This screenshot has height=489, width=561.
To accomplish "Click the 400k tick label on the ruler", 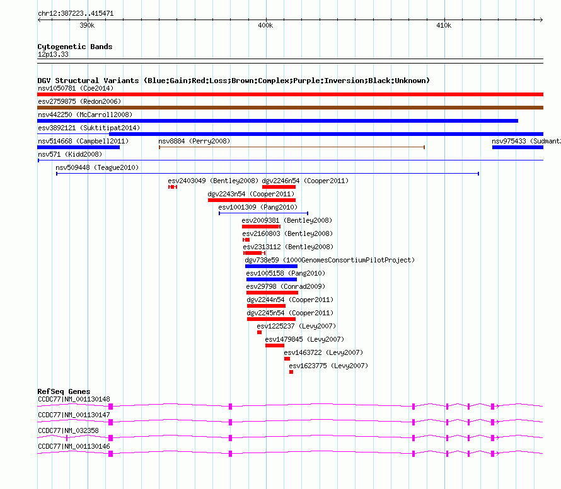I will pos(265,26).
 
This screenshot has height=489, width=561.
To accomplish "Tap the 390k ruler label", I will pos(87,26).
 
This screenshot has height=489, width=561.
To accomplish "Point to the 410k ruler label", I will pos(443,26).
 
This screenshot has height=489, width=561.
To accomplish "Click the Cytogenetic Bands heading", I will pos(75,47).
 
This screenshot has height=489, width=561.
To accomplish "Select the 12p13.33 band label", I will pos(54,55).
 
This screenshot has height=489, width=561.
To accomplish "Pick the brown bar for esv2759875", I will pos(290,108).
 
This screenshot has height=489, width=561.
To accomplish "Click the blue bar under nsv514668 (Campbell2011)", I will pos(78,147).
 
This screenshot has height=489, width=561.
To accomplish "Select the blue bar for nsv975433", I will pos(517,147).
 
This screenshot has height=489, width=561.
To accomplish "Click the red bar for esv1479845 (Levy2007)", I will pos(274,346).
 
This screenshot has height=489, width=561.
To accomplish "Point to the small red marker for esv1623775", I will pos(291,372).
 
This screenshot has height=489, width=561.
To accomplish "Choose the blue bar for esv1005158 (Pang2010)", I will pos(271,279).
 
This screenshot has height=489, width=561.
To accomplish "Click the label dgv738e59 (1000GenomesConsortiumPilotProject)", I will pos(330,260).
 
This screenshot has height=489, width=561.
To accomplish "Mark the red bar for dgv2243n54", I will pos(252,200).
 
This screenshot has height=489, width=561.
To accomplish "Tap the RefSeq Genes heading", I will pos(64,391).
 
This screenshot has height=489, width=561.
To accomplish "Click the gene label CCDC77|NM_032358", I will pos(68,430).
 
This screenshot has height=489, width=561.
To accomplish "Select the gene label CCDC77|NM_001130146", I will pos(74,446).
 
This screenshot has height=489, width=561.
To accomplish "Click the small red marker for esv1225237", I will pos(259,332).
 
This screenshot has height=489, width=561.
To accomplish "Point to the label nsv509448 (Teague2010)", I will pos(97,167).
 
